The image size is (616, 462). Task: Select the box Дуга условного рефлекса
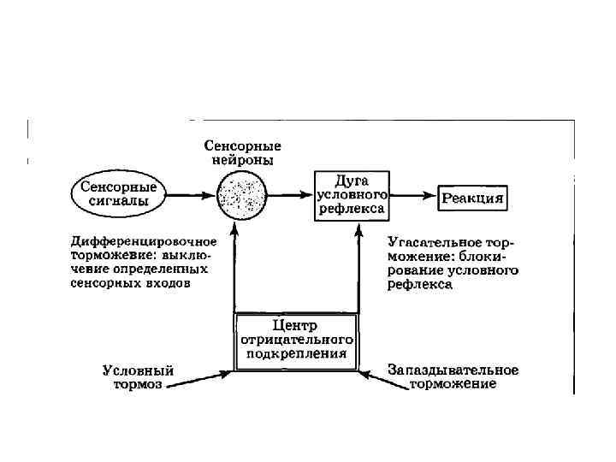(x=351, y=195)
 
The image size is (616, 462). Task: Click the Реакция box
(x=473, y=198)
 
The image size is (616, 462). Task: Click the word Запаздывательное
(x=453, y=370)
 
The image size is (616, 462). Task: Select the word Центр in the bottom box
(x=295, y=325)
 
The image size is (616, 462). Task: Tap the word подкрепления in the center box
(x=296, y=352)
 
